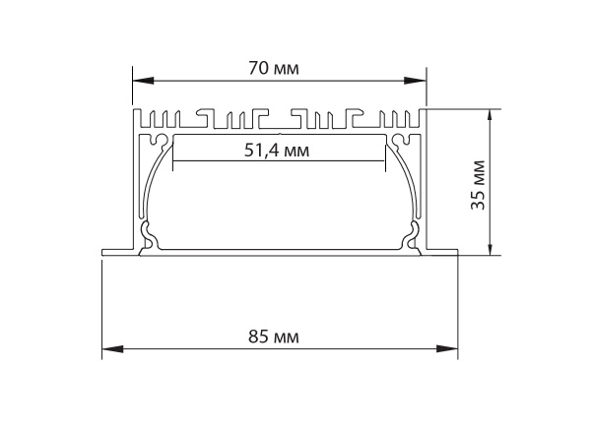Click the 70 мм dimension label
(274, 69)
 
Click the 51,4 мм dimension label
(277, 151)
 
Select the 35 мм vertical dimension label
(478, 185)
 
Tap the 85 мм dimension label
(274, 336)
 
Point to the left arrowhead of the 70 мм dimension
(143, 81)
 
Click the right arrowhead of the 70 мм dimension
(415, 81)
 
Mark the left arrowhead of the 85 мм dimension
(112, 349)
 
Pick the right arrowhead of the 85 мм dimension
(447, 349)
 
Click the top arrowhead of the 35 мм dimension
(490, 120)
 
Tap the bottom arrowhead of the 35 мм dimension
(490, 245)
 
